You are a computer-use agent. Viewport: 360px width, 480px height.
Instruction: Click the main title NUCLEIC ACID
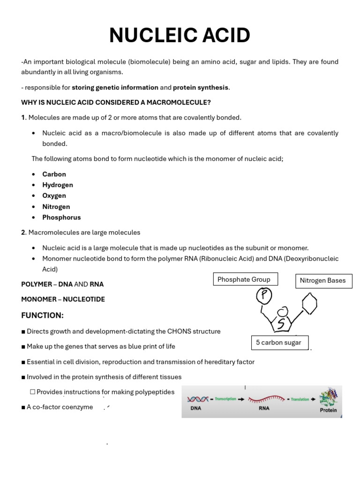tap(180, 36)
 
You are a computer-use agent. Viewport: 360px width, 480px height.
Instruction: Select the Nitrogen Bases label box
tap(323, 281)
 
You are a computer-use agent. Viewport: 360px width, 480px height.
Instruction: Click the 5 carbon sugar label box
tap(279, 343)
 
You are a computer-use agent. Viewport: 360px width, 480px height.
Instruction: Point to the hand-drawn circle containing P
tap(264, 295)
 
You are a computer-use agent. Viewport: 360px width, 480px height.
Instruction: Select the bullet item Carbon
tap(54, 174)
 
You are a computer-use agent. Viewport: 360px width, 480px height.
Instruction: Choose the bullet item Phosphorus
tap(61, 217)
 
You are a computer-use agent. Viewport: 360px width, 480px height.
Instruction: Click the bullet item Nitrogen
tap(56, 207)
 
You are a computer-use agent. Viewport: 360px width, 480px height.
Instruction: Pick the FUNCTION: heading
tap(42, 315)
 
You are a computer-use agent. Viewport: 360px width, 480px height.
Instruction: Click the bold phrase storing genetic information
tap(115, 87)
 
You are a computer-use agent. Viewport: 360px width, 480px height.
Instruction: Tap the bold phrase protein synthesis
tap(201, 87)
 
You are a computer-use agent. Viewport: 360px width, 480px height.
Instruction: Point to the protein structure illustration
tap(328, 397)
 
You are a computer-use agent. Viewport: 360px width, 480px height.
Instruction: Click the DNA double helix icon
tap(198, 399)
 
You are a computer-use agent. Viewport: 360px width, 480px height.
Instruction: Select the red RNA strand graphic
tap(266, 399)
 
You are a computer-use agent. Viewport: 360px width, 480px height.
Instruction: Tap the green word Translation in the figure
tap(300, 399)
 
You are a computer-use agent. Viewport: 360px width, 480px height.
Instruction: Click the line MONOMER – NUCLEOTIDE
tap(63, 299)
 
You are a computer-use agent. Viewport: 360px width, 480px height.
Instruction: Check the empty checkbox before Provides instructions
tap(32, 392)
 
